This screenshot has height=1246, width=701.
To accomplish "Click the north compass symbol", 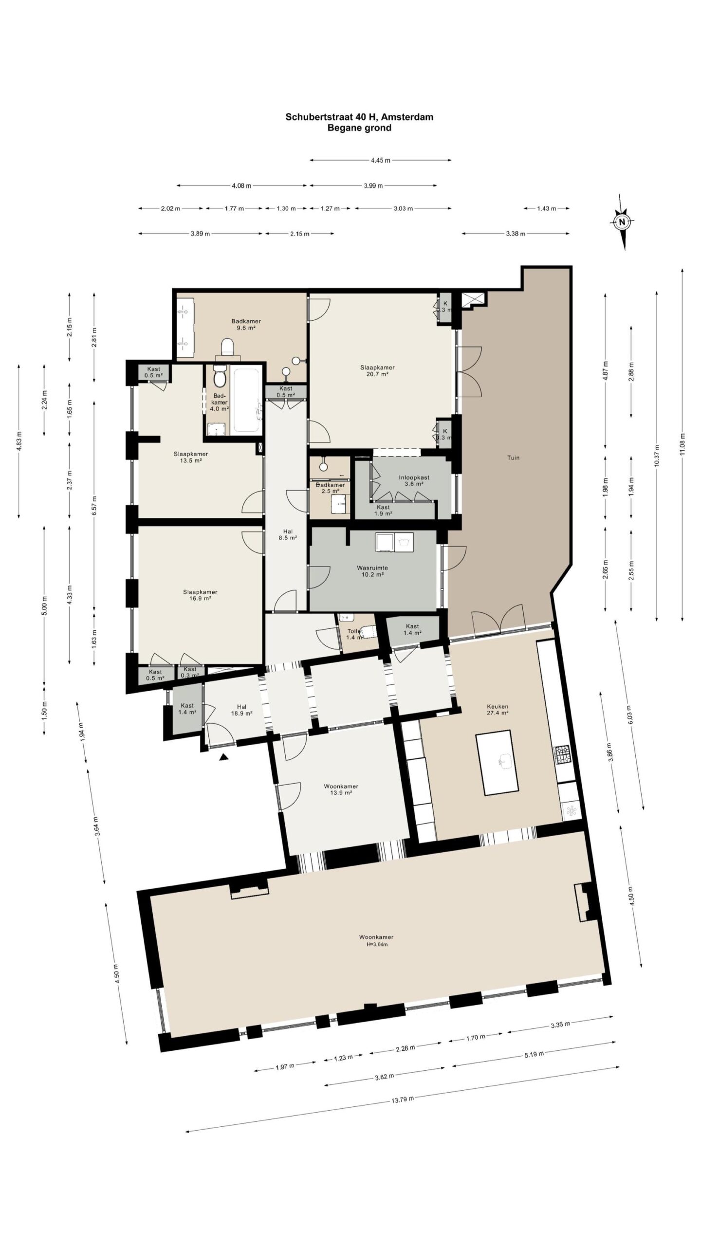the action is coord(622,222).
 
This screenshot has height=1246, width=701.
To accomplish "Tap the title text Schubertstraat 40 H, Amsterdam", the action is coord(359,117).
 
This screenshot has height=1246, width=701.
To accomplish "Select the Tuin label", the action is coord(514,458).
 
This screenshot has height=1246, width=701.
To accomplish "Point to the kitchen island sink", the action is coord(504,762).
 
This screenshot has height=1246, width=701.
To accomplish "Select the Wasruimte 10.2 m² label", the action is coord(372,571).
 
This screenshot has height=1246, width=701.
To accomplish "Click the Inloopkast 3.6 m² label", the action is coord(414,480).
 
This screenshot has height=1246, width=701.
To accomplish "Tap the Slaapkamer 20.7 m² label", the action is coord(377,371).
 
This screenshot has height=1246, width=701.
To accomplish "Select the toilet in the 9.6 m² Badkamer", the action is coord(227,347).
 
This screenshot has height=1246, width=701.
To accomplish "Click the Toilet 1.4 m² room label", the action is coord(355,634).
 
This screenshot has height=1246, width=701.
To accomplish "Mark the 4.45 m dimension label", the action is coord(380,160).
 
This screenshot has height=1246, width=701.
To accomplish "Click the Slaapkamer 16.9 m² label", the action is coord(200,595).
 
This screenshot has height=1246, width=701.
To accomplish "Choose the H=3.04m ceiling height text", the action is coord(376,944).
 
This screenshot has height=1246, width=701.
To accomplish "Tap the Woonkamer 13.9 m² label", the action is coord(341,789).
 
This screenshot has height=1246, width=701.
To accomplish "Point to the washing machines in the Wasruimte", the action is coord(394,542).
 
